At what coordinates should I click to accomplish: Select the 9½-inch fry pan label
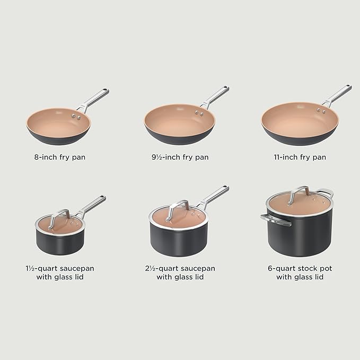click(x=179, y=157)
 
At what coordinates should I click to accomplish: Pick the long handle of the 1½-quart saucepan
click(x=93, y=205)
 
